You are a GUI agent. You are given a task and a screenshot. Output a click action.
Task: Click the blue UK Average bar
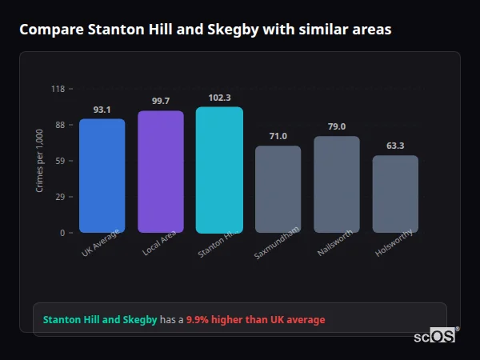coord(102,176)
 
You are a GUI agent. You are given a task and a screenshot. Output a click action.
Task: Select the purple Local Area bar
coord(161,172)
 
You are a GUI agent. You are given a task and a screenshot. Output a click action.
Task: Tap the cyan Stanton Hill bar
coord(219,170)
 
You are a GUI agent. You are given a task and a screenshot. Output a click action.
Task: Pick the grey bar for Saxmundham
coord(278,189)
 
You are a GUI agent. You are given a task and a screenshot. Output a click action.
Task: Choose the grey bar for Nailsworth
coord(337,184)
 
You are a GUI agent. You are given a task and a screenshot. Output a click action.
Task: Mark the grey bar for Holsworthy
coord(395,194)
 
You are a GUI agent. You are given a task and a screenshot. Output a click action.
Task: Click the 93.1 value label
coord(102,110)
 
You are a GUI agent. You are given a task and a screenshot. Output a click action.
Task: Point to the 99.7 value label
coord(161,101)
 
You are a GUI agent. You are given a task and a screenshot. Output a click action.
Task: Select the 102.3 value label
coord(219,98)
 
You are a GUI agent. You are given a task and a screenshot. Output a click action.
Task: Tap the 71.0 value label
coord(278,136)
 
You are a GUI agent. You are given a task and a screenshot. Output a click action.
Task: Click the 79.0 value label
coord(337,126)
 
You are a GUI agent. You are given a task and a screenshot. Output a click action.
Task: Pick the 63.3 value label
coord(395,146)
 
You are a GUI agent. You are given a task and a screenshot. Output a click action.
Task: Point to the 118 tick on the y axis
coord(58,89)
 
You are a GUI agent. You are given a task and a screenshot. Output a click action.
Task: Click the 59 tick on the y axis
coord(60,161)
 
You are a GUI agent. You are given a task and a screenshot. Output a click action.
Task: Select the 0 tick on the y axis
coord(62,233)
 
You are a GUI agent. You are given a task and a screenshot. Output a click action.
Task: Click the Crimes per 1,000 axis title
coord(40,161)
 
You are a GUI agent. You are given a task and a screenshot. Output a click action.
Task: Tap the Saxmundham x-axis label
coord(277,243)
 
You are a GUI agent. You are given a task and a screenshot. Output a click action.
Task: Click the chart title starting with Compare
coord(206,30)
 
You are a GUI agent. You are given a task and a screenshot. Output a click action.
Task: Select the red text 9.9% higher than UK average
coord(255,320)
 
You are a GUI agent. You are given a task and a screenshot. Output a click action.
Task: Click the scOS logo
coord(435,336)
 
